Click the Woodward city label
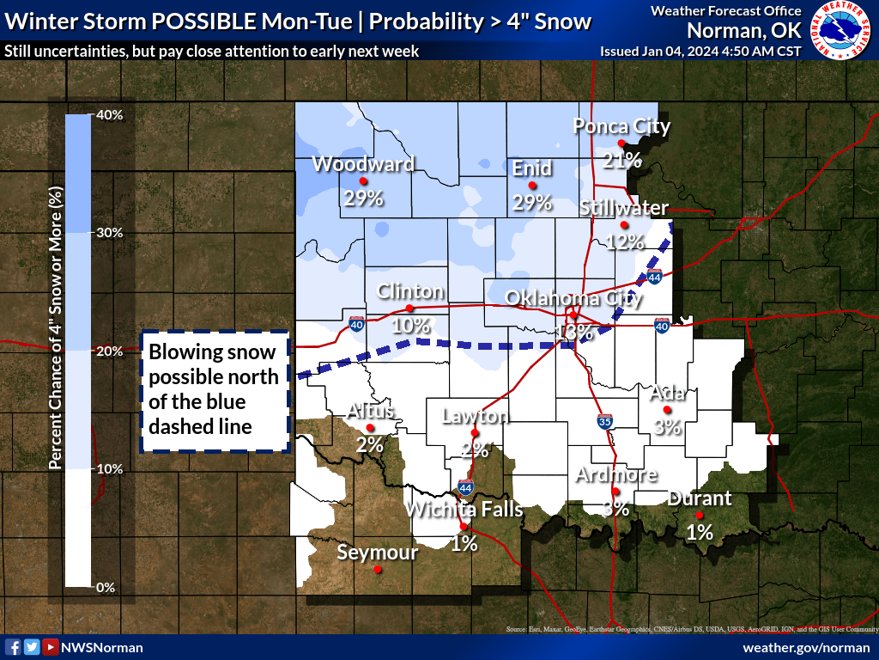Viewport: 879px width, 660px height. tap(363, 163)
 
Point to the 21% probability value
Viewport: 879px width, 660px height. tap(621, 160)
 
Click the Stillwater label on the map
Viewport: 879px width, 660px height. tap(623, 208)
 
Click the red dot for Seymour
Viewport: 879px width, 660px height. tap(378, 569)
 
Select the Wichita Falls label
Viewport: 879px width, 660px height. tap(464, 509)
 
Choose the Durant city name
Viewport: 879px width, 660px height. tap(699, 498)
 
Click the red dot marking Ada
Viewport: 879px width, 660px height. tap(667, 410)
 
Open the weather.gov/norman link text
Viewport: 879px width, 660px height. tap(806, 647)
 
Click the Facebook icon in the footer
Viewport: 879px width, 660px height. tap(13, 647)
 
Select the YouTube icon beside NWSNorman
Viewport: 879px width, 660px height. tap(51, 647)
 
